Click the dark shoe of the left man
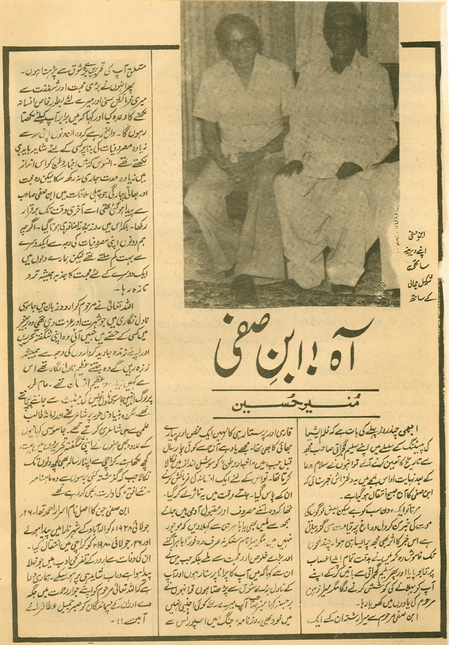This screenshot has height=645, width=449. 245,287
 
